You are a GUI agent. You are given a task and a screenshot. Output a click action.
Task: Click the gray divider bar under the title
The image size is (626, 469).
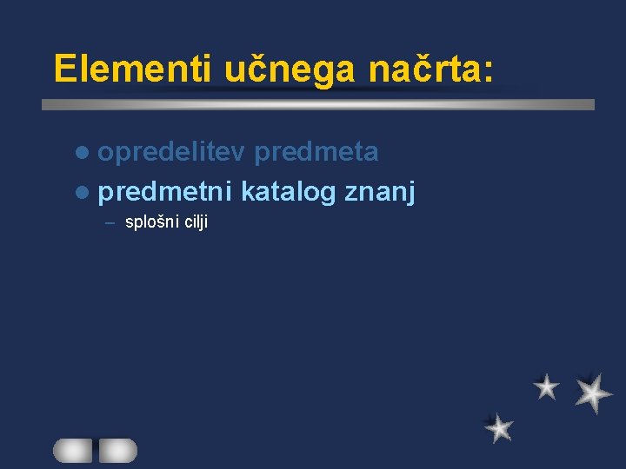318,104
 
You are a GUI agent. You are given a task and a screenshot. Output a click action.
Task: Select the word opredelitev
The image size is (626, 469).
172,152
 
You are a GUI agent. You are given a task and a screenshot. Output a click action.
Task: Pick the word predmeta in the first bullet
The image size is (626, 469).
317,152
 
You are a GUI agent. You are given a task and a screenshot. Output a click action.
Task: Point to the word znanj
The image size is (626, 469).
380,191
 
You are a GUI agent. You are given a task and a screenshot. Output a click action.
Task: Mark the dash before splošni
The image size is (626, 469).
110,222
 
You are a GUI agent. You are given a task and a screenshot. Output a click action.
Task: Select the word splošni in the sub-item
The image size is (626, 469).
151,222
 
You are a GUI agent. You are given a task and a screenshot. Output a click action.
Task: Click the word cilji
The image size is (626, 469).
195,222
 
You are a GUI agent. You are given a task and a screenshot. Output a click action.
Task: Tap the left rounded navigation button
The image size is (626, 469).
72,450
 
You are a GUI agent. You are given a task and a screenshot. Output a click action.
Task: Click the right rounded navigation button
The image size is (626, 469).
117,450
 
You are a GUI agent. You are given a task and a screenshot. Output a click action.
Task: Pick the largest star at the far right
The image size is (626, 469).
593,393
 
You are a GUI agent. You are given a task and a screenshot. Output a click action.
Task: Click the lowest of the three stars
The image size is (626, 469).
499,427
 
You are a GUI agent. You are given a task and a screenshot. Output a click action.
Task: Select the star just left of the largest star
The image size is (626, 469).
546,386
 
